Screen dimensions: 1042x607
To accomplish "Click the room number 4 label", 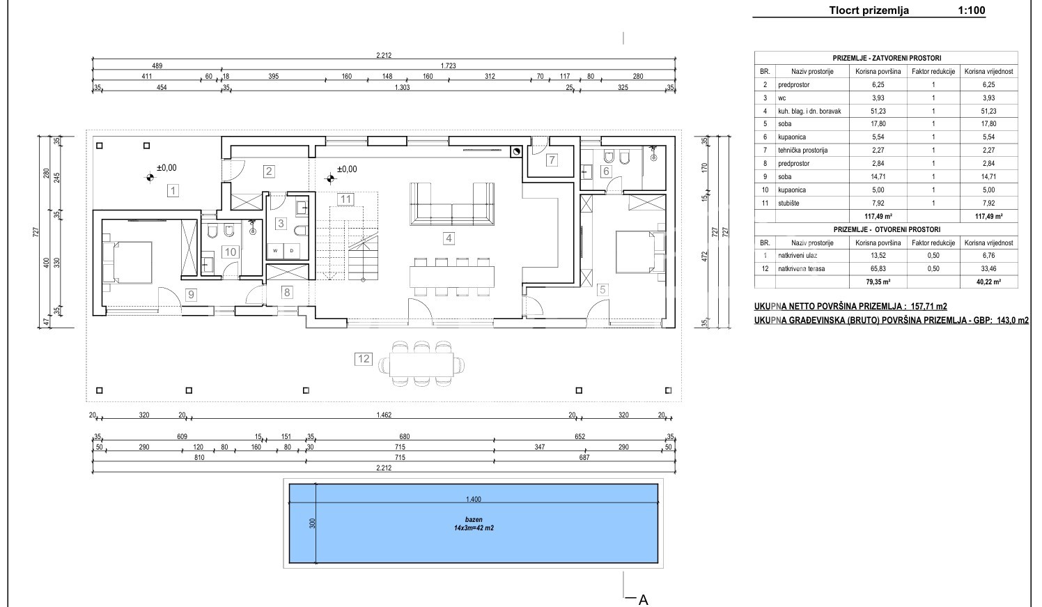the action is click(449, 238).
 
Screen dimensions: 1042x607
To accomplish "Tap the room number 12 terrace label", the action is click(364, 359).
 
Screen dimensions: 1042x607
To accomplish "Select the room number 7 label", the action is click(551, 160).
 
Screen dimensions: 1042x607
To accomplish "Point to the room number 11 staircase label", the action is click(345, 199).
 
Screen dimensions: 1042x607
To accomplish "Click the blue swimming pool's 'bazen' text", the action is click(474, 519).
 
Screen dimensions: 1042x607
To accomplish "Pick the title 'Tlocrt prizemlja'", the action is click(869, 10).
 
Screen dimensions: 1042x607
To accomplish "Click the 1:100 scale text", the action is click(971, 10).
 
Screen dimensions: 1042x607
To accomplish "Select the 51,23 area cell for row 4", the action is click(878, 112).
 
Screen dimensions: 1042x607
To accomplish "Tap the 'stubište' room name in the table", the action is click(788, 203).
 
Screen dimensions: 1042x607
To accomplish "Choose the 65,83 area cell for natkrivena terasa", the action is click(878, 269).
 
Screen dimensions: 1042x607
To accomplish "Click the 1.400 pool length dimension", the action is click(474, 500).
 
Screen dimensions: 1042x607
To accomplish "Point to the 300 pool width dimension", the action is click(313, 523).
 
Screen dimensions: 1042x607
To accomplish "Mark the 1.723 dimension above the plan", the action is click(448, 66).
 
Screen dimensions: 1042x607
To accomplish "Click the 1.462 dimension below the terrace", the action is click(384, 415).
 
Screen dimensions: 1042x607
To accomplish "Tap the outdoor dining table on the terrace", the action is click(421, 364).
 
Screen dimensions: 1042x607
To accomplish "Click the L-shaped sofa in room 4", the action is click(451, 204).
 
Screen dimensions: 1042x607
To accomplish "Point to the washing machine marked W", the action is click(275, 250).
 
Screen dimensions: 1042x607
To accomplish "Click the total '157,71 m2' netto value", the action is click(928, 307).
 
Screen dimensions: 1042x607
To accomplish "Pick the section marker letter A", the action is click(643, 599).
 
